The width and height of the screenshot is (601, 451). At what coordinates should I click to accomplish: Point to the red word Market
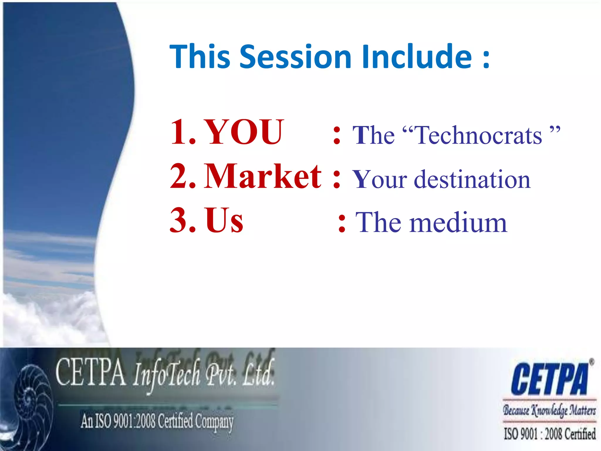coord(263,177)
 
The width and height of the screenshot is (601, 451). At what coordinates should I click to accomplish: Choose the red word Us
coord(224,220)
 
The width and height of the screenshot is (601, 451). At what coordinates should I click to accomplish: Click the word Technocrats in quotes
coord(479,135)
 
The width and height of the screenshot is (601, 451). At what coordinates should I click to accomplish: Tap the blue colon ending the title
coord(486,59)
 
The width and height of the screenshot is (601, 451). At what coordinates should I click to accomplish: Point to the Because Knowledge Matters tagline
coord(549,410)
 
